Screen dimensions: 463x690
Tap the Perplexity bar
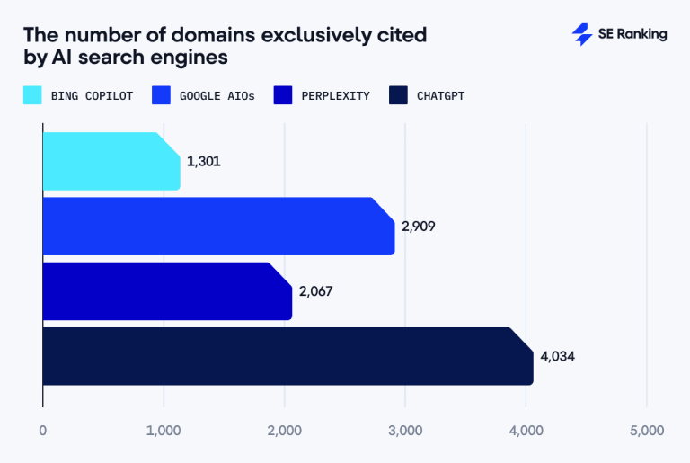(167, 291)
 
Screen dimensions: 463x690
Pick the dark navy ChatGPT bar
(287, 356)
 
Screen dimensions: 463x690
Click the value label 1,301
(204, 162)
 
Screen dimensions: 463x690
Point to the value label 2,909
(419, 227)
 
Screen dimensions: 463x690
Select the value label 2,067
(316, 291)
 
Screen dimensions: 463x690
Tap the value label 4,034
(557, 356)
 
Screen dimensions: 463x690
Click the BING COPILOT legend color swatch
(32, 95)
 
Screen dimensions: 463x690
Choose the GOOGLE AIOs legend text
(216, 95)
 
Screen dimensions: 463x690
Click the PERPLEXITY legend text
(336, 95)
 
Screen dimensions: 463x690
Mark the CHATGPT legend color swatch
(399, 95)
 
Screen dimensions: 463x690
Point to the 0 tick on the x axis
(43, 431)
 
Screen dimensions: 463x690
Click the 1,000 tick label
(164, 431)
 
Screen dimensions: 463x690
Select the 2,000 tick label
(285, 431)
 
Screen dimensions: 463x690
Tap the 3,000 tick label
(405, 431)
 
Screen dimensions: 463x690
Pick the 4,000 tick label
(526, 431)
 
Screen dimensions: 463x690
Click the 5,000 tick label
(647, 431)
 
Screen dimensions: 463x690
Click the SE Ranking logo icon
(582, 34)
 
